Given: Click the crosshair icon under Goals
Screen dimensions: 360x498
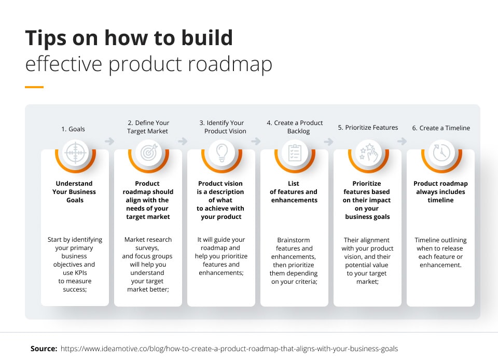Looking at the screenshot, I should pos(75,153).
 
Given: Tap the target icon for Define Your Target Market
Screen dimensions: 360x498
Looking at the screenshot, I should pos(148,153).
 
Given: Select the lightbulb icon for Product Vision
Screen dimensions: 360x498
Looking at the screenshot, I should pos(221,153).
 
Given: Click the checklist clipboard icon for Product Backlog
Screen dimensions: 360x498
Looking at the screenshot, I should pos(294,153).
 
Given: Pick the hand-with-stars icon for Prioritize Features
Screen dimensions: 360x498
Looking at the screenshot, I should pos(367,153).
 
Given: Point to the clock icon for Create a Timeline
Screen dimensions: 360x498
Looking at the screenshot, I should pos(440,153).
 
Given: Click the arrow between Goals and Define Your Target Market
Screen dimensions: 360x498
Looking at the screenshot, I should pos(109,141).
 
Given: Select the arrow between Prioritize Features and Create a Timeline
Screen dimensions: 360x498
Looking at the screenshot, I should pos(402,141).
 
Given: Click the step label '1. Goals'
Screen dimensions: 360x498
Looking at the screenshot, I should pos(73,129).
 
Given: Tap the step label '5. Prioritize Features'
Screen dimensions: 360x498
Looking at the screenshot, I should pos(368,128).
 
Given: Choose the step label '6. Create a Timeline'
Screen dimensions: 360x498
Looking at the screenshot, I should pos(440,128).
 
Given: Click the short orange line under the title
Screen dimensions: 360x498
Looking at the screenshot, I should pos(34,87).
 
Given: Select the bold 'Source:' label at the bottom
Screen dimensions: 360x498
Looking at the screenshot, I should pos(44,349).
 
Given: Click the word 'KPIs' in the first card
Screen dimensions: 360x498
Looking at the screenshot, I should pos(84,273).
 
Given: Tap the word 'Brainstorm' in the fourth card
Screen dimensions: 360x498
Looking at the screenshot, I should pos(294,240).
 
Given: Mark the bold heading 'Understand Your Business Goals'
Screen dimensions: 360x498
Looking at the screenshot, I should pos(75,191).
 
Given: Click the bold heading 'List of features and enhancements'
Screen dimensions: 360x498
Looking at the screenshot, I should pos(294,191).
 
